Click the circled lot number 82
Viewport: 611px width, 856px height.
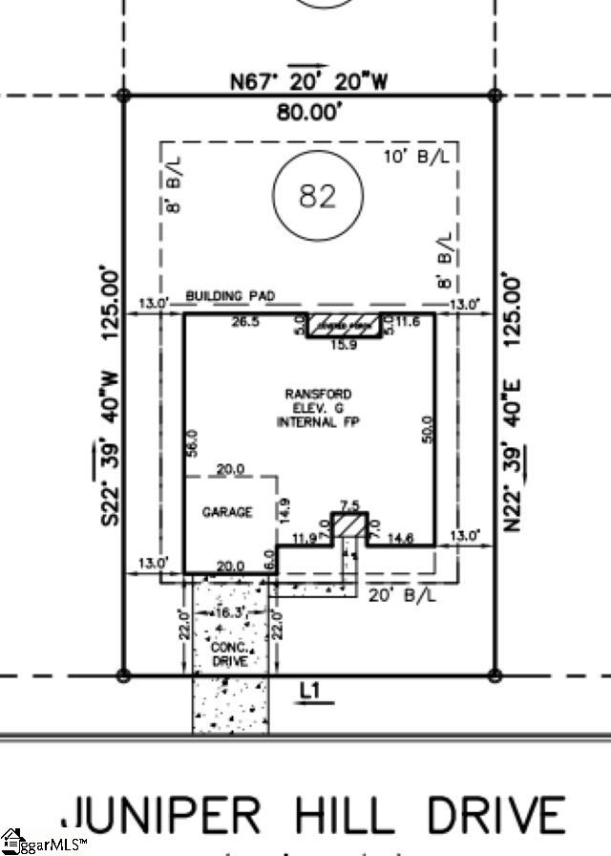click(x=318, y=196)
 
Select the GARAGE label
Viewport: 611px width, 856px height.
click(x=227, y=512)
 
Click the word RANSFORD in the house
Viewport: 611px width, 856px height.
click(x=318, y=394)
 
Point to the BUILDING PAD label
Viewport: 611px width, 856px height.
click(x=230, y=297)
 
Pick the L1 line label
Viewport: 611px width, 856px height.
click(x=308, y=688)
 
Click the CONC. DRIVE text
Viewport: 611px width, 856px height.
click(x=229, y=653)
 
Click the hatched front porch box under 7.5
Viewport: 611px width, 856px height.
click(x=349, y=524)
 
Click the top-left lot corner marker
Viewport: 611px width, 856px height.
click(x=123, y=96)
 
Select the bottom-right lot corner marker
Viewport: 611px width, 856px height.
click(x=495, y=675)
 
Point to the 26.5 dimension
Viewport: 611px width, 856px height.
click(x=244, y=322)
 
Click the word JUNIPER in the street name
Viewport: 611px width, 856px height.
click(x=160, y=816)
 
